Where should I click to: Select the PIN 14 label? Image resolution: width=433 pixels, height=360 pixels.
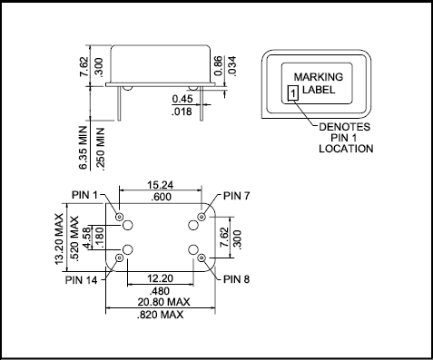coord(83,280)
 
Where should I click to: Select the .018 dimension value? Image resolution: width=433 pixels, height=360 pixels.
coord(185,112)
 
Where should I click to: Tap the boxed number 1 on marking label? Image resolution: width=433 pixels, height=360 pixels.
coord(291,92)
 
